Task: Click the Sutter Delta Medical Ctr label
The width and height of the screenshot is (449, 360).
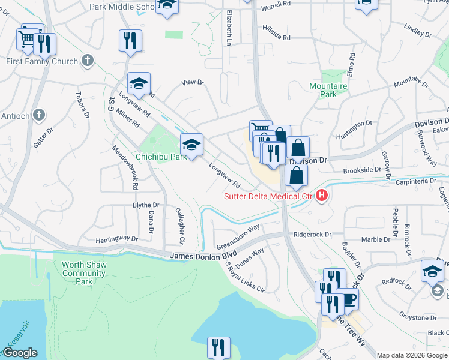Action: click(x=268, y=196)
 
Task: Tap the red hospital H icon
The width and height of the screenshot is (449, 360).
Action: click(x=322, y=195)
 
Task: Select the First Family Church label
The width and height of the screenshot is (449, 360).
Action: click(x=42, y=61)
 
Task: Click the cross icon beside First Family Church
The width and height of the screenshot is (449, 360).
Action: click(x=88, y=61)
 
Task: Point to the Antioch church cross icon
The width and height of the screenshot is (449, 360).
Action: click(x=39, y=115)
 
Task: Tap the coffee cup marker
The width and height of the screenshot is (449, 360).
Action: click(x=347, y=298)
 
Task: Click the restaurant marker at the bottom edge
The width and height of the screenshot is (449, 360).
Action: click(x=219, y=347)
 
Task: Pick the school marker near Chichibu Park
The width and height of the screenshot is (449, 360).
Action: click(x=191, y=145)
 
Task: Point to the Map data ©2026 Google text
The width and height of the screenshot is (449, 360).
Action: click(x=412, y=355)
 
